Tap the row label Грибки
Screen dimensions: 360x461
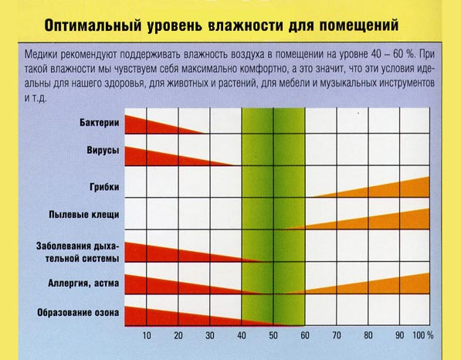pyautogui.click(x=103, y=186)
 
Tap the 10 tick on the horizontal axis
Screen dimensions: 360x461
pyautogui.click(x=147, y=335)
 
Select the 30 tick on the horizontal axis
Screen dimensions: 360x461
pyautogui.click(x=210, y=335)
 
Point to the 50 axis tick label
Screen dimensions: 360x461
pyautogui.click(x=273, y=335)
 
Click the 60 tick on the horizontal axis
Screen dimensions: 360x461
pyautogui.click(x=305, y=335)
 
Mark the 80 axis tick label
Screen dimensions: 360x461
pyautogui.click(x=368, y=335)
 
